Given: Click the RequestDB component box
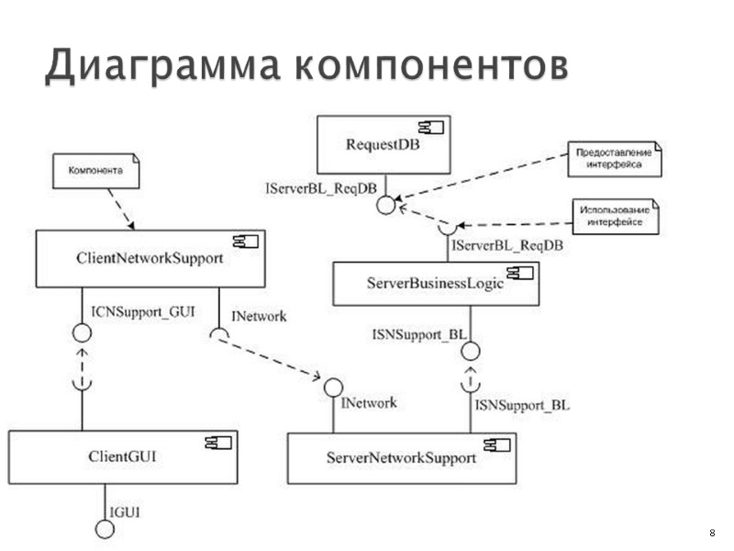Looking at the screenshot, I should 384,144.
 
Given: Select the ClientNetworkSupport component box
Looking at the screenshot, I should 150,258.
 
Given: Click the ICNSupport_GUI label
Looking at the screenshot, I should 144,312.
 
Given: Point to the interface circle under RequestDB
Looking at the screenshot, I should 386,205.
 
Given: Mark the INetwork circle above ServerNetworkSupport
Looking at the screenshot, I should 333,387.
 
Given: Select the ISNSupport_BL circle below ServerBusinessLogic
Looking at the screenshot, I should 471,351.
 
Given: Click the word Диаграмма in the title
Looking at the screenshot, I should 162,66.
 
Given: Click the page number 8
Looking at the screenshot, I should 711,534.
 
